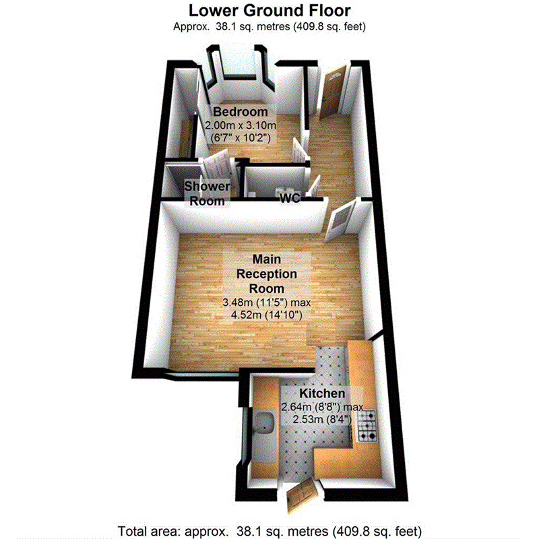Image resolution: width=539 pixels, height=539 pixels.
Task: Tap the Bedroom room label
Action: tap(241, 112)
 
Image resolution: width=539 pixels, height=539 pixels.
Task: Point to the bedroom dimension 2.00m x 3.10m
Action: tap(241, 125)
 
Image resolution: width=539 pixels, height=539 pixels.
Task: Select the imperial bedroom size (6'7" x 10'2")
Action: tap(241, 137)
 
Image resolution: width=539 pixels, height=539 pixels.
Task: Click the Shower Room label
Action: tap(208, 193)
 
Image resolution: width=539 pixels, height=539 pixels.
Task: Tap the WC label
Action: tap(290, 197)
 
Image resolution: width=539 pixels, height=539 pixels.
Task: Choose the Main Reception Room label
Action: tap(266, 274)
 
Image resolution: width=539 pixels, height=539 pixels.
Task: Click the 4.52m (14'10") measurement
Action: tap(266, 313)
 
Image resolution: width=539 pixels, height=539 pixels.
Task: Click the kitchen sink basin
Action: tap(263, 422)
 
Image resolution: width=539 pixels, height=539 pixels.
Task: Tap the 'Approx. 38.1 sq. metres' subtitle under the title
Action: tap(269, 26)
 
